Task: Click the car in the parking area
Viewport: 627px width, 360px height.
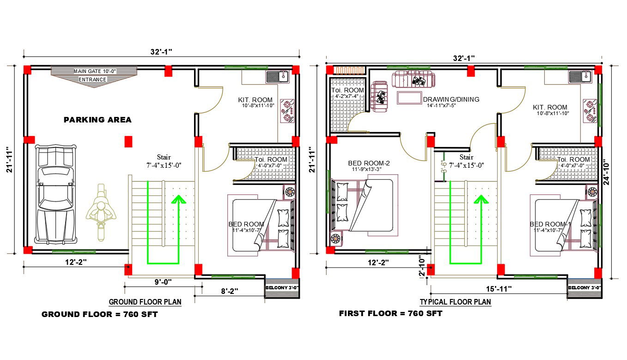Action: click(55, 194)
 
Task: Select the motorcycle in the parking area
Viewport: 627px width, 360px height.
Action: click(101, 212)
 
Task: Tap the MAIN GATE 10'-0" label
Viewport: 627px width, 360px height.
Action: click(95, 71)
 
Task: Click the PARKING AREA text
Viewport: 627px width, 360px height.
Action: click(97, 120)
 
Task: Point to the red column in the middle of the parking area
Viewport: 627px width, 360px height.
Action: click(128, 141)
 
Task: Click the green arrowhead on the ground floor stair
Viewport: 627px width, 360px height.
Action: click(179, 199)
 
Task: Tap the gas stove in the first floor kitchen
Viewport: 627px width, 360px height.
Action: click(590, 111)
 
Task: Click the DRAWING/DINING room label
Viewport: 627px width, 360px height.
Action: click(451, 99)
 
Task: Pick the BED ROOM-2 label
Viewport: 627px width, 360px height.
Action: click(369, 163)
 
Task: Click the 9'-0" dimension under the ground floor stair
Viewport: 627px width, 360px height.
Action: click(163, 282)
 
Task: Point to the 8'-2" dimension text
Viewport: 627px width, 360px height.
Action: click(230, 292)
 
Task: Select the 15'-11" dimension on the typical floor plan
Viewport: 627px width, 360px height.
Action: click(499, 289)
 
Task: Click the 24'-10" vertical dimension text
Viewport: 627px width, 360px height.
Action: click(606, 172)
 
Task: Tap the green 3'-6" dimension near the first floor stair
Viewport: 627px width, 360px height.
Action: click(444, 166)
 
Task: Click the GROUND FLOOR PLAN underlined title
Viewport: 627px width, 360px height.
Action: click(145, 302)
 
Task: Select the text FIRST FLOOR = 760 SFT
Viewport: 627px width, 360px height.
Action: click(391, 313)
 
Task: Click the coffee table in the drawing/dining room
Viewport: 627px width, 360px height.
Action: click(409, 98)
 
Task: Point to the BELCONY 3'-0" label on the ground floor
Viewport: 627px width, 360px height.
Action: click(282, 288)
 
